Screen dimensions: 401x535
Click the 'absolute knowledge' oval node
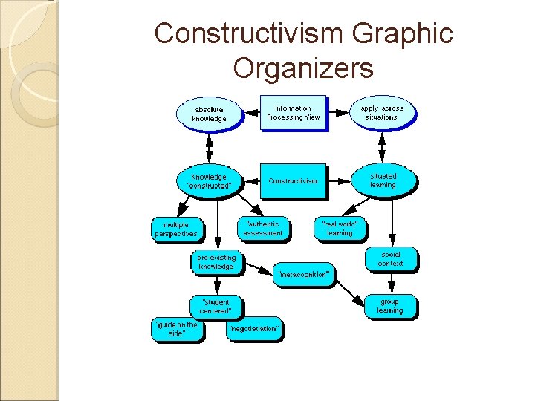coord(209,114)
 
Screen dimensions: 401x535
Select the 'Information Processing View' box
coord(293,113)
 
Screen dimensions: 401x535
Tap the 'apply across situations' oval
coord(382,113)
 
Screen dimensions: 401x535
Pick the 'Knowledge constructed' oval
coord(209,180)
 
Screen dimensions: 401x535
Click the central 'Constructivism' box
coord(293,180)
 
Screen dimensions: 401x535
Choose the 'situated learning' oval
coord(383,180)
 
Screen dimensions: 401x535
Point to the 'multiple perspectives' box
coord(176,229)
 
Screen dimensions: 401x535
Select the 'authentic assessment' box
coord(263,228)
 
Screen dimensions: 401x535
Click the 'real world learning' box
coord(340,228)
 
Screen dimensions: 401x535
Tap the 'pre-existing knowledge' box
coord(216,261)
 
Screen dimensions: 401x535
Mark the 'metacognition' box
coord(303,274)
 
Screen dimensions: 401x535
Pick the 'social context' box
coord(390,258)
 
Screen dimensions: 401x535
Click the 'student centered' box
coord(215,306)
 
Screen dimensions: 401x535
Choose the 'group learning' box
coord(389,305)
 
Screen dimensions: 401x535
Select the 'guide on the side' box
coord(175,329)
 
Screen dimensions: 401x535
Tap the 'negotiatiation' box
coord(254,328)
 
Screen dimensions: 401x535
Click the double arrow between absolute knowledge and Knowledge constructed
coord(209,147)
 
